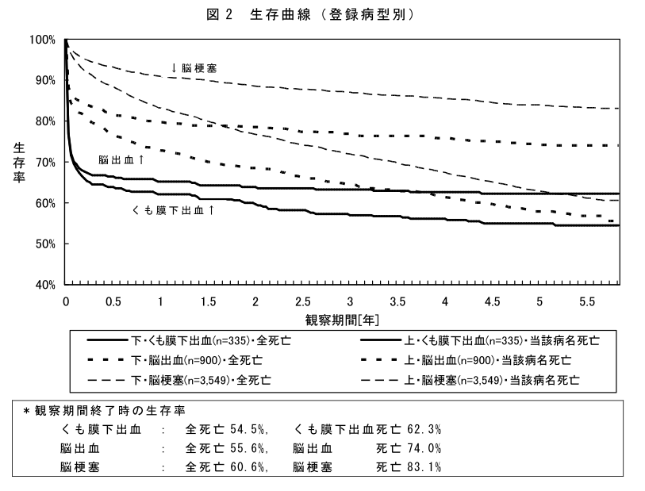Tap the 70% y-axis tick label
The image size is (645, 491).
[x=44, y=162]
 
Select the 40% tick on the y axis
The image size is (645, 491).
[x=44, y=284]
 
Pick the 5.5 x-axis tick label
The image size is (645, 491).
[x=587, y=302]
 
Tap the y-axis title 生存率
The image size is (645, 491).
[x=18, y=162]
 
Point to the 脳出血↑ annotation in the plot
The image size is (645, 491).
[x=121, y=159]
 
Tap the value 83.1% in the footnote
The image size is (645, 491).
[x=424, y=467]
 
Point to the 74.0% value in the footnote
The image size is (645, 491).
[x=424, y=448]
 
